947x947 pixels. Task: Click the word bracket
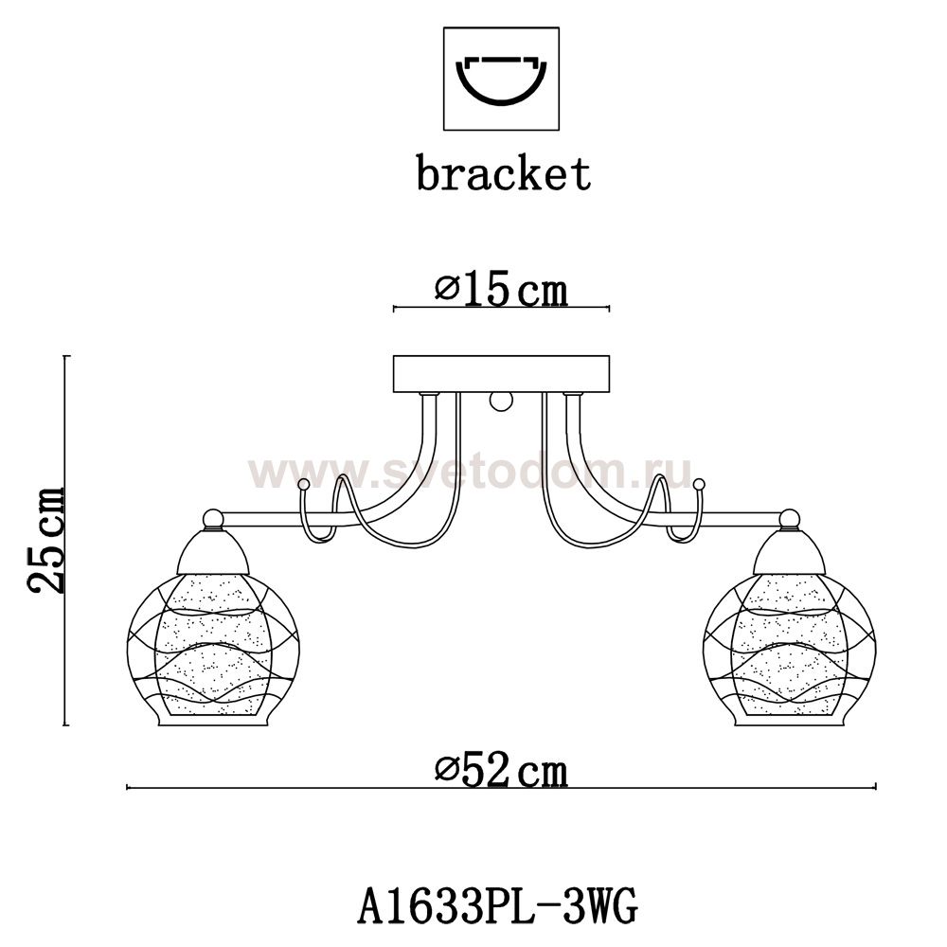tap(503, 173)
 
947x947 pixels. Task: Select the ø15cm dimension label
tap(501, 291)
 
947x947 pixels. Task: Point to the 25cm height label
tap(45, 540)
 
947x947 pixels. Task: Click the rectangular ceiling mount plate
tap(501, 374)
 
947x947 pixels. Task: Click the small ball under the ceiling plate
tap(501, 401)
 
